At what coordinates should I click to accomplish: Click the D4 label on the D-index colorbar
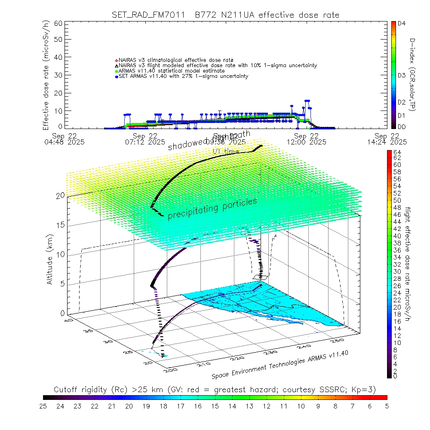[x=402, y=24]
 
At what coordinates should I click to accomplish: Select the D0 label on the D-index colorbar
[x=402, y=127]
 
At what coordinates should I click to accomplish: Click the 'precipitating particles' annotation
[x=212, y=209]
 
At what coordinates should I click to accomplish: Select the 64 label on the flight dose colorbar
[x=397, y=152]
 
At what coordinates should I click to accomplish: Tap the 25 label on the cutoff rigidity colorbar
[x=43, y=405]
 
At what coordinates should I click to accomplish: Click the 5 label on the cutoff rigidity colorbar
[x=387, y=405]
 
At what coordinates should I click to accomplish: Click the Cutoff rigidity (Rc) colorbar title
[x=215, y=390]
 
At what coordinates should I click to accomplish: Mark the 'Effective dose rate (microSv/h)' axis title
[x=46, y=75]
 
